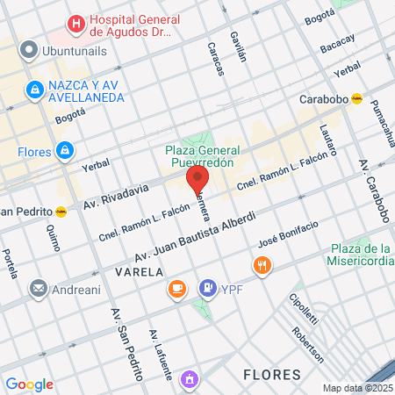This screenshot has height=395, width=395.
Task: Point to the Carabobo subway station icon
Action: click(356, 99)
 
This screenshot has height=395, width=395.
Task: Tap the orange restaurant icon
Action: click(261, 265)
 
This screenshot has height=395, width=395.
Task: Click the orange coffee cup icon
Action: click(177, 288)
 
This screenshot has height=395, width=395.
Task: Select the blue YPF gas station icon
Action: click(208, 286)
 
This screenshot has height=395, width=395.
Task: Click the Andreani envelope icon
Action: click(39, 288)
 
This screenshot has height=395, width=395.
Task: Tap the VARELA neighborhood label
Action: click(139, 272)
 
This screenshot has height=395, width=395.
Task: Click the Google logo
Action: click(30, 384)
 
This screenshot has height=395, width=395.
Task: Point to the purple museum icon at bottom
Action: click(189, 379)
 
